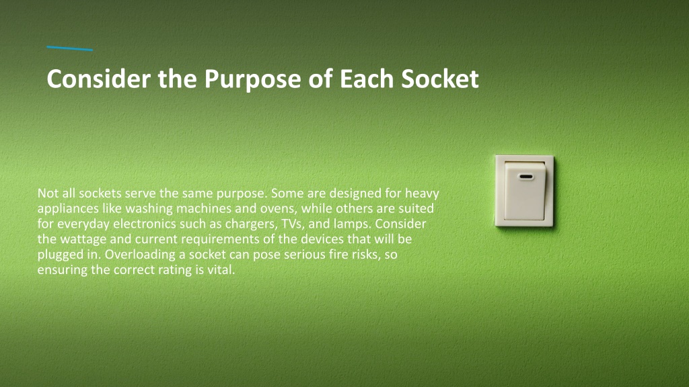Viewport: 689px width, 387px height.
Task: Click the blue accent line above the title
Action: pyautogui.click(x=69, y=48)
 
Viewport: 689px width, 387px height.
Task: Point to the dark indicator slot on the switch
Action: pyautogui.click(x=526, y=177)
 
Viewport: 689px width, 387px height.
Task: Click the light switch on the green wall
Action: pyautogui.click(x=524, y=191)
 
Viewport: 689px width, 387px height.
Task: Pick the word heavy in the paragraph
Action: pyautogui.click(x=422, y=193)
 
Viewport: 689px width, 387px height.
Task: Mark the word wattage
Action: pyautogui.click(x=83, y=240)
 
